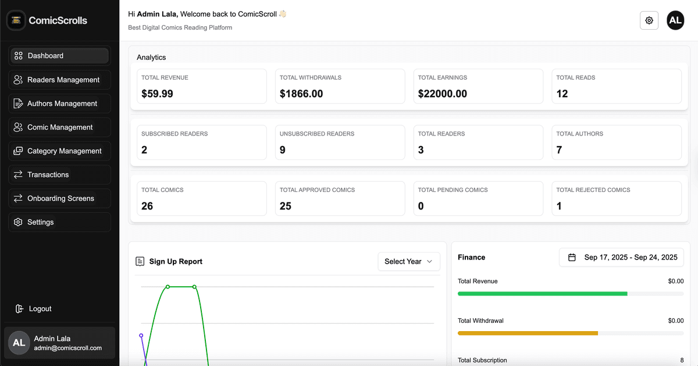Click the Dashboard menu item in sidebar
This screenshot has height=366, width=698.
(x=59, y=56)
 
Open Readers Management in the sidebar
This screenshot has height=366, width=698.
(x=59, y=80)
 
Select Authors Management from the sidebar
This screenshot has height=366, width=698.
(x=59, y=104)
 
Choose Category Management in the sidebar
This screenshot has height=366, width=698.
(x=59, y=151)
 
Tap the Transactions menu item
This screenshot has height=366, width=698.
(x=59, y=175)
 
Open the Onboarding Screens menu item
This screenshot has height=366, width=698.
(x=59, y=198)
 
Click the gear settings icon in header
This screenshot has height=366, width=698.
(x=649, y=20)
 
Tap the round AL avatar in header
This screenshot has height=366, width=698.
(x=675, y=20)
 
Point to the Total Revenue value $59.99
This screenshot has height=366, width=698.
(x=157, y=94)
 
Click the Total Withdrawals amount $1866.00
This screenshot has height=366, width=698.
(x=301, y=94)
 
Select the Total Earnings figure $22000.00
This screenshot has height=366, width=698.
(x=442, y=94)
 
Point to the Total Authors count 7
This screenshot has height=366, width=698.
(x=559, y=150)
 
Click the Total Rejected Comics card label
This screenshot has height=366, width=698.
(x=593, y=190)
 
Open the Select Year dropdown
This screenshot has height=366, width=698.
(x=408, y=261)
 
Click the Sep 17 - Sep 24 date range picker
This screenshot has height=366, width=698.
(x=621, y=257)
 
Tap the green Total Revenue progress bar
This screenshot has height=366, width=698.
(x=542, y=294)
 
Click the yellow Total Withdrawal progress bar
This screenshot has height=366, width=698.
(x=528, y=333)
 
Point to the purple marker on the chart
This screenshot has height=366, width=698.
(x=141, y=336)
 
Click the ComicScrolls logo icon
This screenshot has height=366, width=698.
(x=16, y=20)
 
